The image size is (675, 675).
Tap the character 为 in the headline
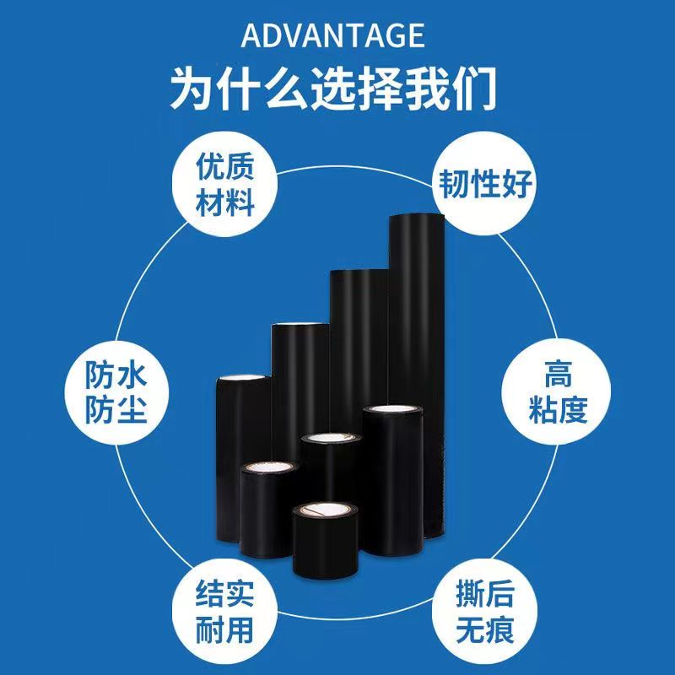pyautogui.click(x=192, y=87)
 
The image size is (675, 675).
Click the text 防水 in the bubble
pyautogui.click(x=116, y=373)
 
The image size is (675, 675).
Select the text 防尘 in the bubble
pyautogui.click(x=116, y=411)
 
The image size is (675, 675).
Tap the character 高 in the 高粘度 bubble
pyautogui.click(x=558, y=372)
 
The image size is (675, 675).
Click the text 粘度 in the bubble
pyautogui.click(x=558, y=411)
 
